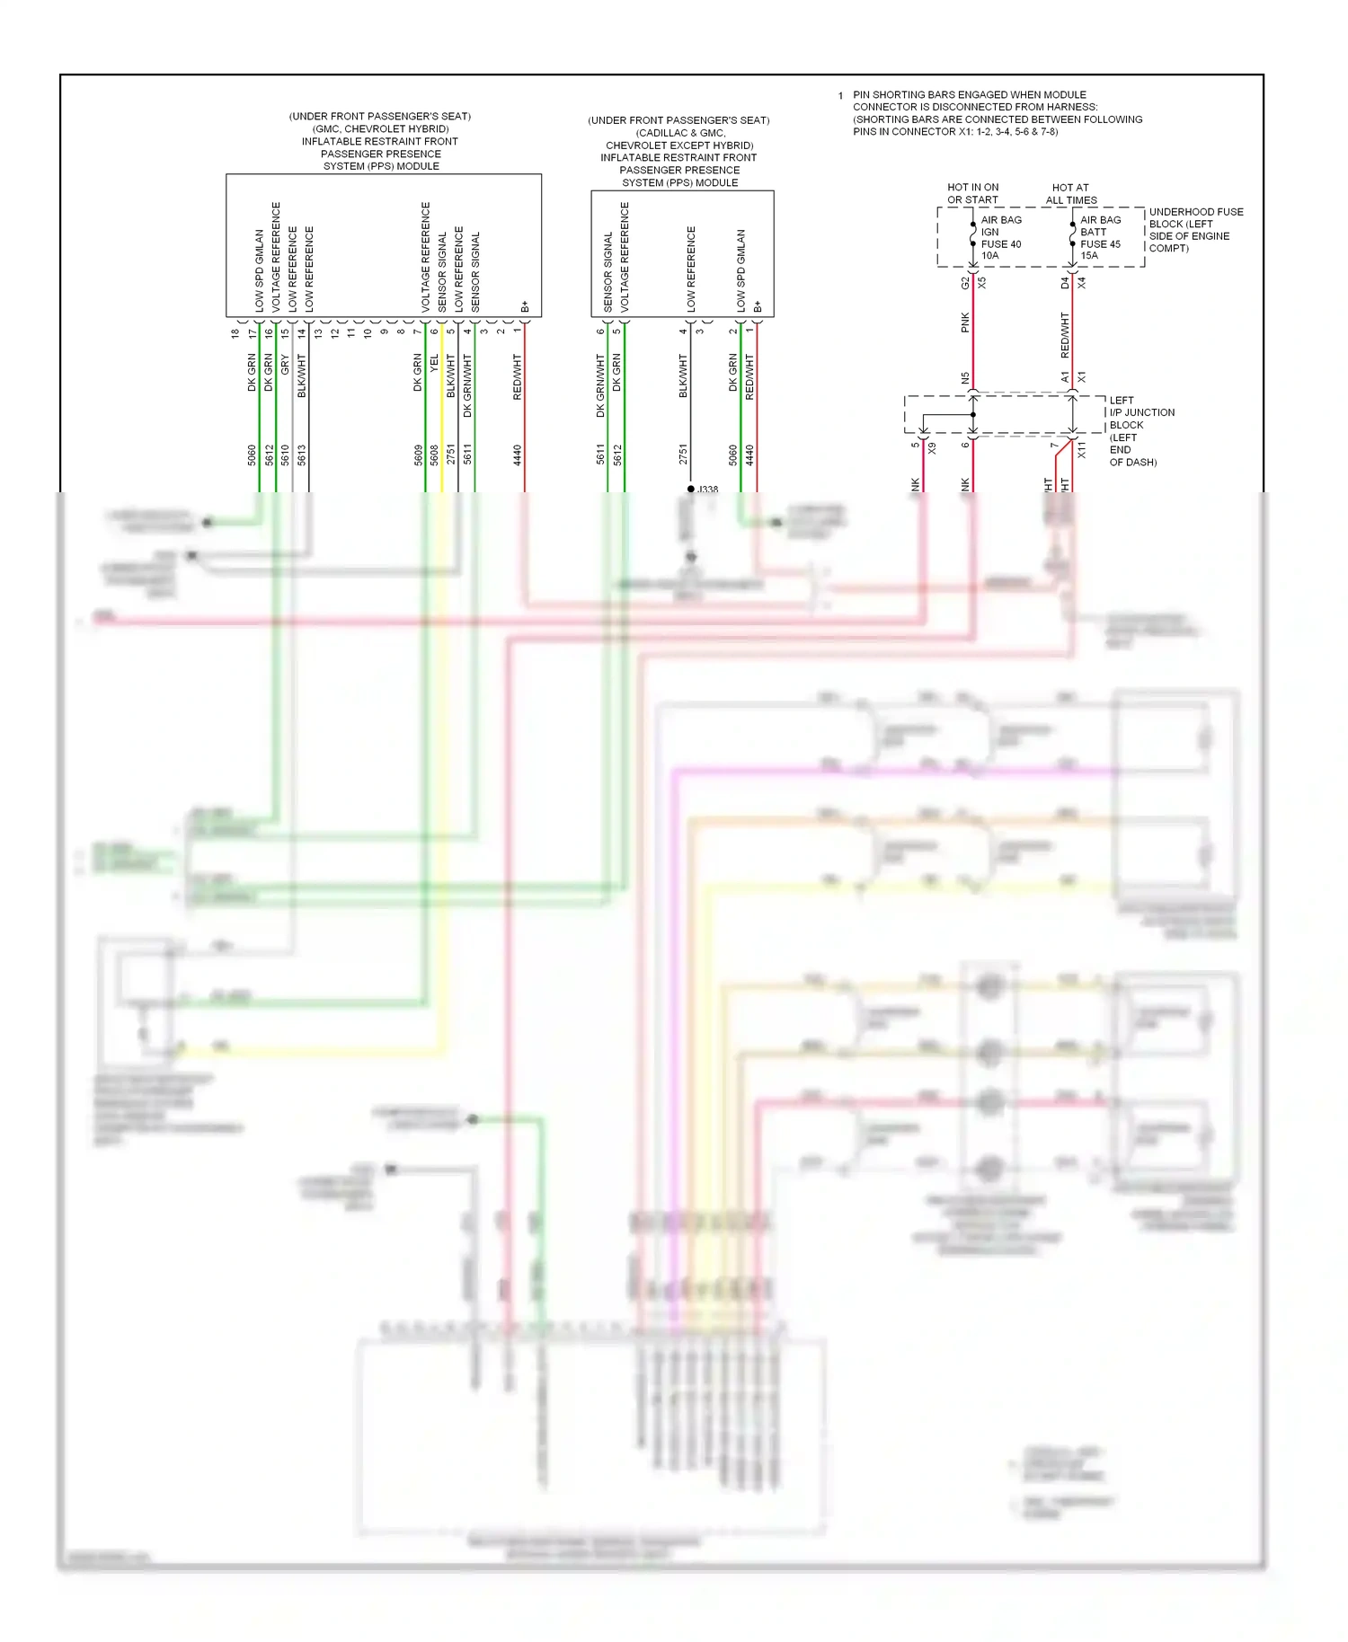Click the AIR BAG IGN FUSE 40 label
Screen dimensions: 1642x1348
(1000, 237)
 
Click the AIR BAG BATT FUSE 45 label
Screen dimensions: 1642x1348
(1100, 237)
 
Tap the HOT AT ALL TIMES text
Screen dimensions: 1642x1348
(1070, 194)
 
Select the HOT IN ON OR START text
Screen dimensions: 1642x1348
(972, 194)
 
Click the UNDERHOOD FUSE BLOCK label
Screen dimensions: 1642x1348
(1194, 230)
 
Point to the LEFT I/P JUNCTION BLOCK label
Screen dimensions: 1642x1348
(1140, 430)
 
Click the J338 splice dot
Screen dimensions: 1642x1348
(690, 489)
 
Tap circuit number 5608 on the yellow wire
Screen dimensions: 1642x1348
(435, 455)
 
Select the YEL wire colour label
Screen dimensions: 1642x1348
(435, 365)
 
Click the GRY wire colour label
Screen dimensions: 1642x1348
(285, 365)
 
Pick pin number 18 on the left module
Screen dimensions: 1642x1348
(235, 333)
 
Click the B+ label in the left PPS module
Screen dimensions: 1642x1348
(525, 307)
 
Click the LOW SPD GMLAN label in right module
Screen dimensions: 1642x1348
(741, 270)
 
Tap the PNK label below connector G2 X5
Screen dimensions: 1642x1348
(965, 322)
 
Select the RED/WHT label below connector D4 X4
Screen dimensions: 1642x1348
(1065, 335)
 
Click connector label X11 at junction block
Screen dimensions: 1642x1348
(1082, 450)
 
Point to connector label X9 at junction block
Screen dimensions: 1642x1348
(932, 447)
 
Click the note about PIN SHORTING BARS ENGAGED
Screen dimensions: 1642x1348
(997, 113)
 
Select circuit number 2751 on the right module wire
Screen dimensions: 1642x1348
(683, 455)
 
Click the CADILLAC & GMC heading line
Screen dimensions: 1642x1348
(679, 133)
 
